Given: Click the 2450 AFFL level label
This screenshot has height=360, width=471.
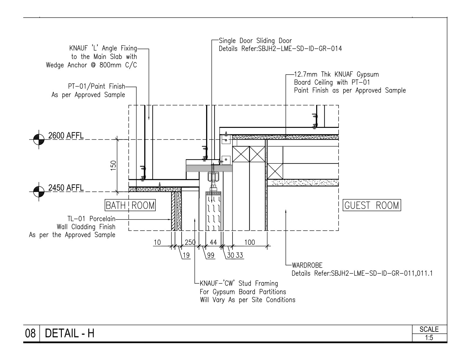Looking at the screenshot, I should point(66,188).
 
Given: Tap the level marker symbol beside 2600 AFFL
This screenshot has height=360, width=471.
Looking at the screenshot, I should point(39,139).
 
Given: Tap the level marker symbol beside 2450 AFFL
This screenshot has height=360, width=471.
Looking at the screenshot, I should point(39,192).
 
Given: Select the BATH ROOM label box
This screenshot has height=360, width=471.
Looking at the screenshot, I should point(130,205).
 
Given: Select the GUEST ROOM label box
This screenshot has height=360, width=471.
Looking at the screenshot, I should point(372,205).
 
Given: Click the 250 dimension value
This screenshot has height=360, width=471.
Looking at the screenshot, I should point(190,242).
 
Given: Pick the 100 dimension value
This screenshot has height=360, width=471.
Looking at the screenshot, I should point(250,242).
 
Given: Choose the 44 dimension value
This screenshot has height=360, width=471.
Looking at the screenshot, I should point(213,242).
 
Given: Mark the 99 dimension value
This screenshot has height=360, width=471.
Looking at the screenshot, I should point(211,255).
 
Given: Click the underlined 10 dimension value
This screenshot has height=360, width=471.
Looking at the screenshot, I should point(157,242).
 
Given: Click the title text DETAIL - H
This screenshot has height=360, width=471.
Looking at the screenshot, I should point(69,333).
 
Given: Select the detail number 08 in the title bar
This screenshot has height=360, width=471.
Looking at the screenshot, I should point(30,333).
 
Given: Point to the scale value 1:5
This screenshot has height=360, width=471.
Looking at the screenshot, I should point(429,338).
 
